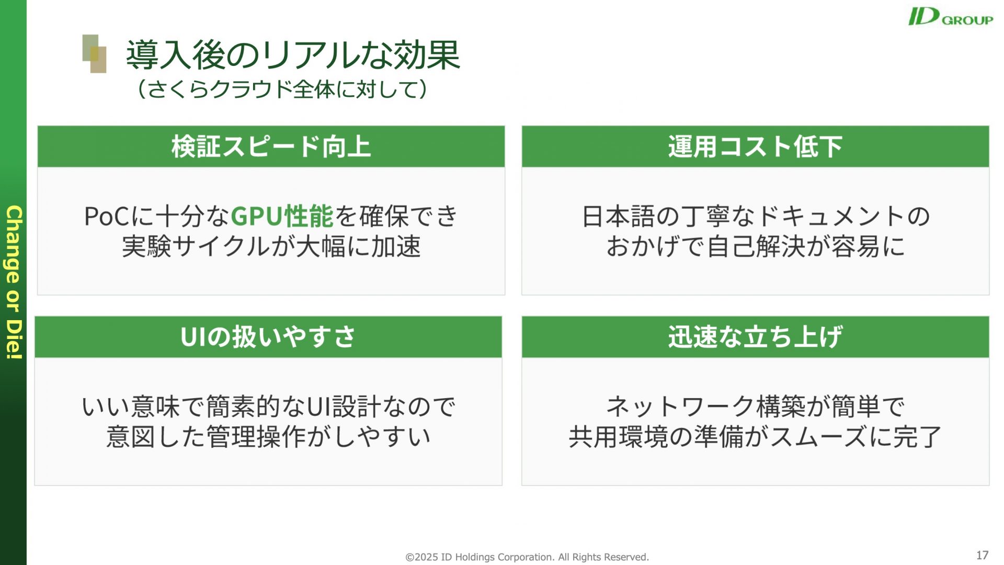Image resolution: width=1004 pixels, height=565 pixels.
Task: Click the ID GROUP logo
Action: pyautogui.click(x=950, y=17)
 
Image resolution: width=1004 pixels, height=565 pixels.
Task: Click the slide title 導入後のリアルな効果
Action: pyautogui.click(x=293, y=55)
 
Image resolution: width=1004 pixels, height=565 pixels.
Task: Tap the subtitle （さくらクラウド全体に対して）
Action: pyautogui.click(x=282, y=89)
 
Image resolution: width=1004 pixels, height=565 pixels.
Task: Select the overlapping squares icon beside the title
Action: pyautogui.click(x=95, y=54)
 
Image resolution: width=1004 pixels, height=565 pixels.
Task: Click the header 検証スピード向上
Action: pyautogui.click(x=271, y=146)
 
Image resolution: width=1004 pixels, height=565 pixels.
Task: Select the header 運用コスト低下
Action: pyautogui.click(x=755, y=146)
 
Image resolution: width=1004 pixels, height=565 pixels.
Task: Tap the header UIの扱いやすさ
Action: pyautogui.click(x=268, y=337)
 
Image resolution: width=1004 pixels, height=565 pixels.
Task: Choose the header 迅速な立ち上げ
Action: pyautogui.click(x=755, y=337)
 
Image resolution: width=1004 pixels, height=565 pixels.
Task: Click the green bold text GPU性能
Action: pyautogui.click(x=282, y=216)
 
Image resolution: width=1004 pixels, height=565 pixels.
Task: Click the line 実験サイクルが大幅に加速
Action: pyautogui.click(x=271, y=246)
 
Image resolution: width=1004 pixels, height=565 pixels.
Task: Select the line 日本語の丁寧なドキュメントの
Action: pyautogui.click(x=756, y=216)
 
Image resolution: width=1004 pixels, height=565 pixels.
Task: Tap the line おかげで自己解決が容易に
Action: pyautogui.click(x=756, y=246)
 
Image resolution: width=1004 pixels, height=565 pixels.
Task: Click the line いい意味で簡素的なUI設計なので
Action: pyautogui.click(x=269, y=406)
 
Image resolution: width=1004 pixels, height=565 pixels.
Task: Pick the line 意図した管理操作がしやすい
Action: pyautogui.click(x=268, y=437)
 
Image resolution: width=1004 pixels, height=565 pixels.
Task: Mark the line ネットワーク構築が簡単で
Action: pyautogui.click(x=756, y=406)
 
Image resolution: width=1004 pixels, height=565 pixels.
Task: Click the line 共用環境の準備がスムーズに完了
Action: pyautogui.click(x=755, y=437)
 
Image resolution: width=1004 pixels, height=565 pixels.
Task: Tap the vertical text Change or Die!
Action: pyautogui.click(x=14, y=282)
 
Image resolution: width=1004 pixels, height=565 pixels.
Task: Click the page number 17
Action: pyautogui.click(x=982, y=555)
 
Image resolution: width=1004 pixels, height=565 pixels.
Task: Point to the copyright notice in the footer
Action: pyautogui.click(x=527, y=557)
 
